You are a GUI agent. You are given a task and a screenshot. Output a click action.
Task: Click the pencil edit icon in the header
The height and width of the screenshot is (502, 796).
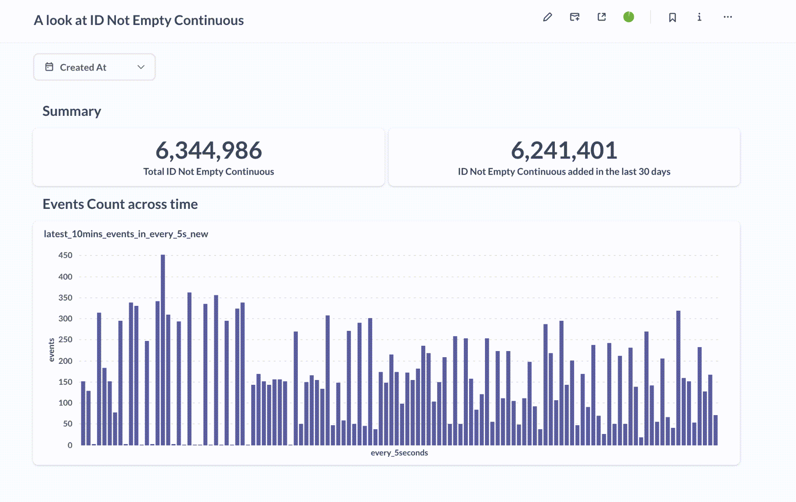coord(547,17)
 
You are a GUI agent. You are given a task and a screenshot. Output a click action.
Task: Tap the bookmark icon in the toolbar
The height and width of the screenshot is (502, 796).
coord(672,17)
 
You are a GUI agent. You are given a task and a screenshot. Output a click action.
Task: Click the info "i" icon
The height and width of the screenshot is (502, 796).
coord(699,17)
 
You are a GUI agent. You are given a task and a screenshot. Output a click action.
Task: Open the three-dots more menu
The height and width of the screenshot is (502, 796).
coord(727,17)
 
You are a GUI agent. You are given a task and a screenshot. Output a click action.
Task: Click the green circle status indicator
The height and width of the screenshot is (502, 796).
coord(629,17)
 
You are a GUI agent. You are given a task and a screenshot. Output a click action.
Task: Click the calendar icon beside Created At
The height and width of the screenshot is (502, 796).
coord(49,67)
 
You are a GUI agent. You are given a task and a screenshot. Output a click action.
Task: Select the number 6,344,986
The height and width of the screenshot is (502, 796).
coord(209,151)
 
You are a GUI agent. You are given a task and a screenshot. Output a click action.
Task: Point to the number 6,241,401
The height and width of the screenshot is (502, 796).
coord(564,151)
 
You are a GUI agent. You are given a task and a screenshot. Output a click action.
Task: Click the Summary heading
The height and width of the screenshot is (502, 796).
coord(72,111)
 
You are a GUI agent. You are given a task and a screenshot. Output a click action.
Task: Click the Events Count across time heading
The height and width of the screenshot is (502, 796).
coord(120,204)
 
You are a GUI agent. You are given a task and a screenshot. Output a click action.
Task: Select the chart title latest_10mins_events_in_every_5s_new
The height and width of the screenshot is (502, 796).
coord(126,234)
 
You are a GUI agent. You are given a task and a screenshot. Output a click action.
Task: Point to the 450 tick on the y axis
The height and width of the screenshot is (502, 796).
coord(65,255)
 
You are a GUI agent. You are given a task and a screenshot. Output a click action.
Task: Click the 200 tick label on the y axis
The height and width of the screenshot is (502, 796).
coord(65,361)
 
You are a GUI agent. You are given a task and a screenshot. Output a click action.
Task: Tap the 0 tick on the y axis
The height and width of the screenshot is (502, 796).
coord(70,445)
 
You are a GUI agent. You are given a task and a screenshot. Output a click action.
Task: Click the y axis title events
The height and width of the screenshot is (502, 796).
coord(51,350)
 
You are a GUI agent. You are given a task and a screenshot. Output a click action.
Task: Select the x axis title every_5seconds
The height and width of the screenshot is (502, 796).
coord(399,453)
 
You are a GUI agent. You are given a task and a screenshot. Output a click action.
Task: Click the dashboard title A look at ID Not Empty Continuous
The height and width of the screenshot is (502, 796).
coord(139,20)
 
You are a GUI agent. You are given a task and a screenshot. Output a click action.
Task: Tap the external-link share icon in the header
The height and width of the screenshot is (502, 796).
coord(601,17)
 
